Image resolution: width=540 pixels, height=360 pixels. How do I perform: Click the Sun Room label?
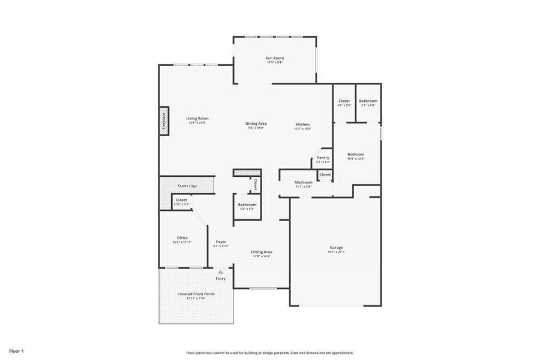click(x=275, y=58)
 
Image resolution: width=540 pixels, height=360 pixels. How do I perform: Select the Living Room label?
click(x=197, y=118)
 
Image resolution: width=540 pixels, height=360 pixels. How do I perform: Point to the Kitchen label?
click(x=302, y=124)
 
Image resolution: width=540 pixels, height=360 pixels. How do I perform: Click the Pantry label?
click(x=323, y=157)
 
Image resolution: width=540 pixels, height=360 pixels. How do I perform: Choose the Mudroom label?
click(x=303, y=182)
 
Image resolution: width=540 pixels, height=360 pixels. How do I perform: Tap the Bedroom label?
click(x=356, y=154)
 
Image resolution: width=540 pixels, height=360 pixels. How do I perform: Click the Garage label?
click(x=336, y=247)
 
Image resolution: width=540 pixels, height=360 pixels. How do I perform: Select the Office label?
click(x=182, y=238)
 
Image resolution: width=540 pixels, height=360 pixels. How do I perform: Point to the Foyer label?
click(x=221, y=241)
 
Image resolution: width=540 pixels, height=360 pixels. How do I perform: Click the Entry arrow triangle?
click(x=220, y=272)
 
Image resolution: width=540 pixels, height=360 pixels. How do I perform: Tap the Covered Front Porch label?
click(x=196, y=293)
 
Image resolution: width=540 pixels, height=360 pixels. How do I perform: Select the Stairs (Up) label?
click(x=187, y=186)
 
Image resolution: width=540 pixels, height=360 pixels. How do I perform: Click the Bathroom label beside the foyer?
click(x=247, y=204)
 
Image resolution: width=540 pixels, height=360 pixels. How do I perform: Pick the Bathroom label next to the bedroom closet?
click(x=368, y=101)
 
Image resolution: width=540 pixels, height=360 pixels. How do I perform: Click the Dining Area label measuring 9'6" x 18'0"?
click(x=256, y=123)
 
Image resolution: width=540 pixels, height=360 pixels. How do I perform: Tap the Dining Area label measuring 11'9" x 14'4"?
click(x=261, y=251)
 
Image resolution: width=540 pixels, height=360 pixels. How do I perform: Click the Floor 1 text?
click(x=16, y=350)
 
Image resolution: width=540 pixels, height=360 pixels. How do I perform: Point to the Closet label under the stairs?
click(x=181, y=200)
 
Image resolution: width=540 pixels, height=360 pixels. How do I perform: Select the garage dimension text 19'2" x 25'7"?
click(x=336, y=252)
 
